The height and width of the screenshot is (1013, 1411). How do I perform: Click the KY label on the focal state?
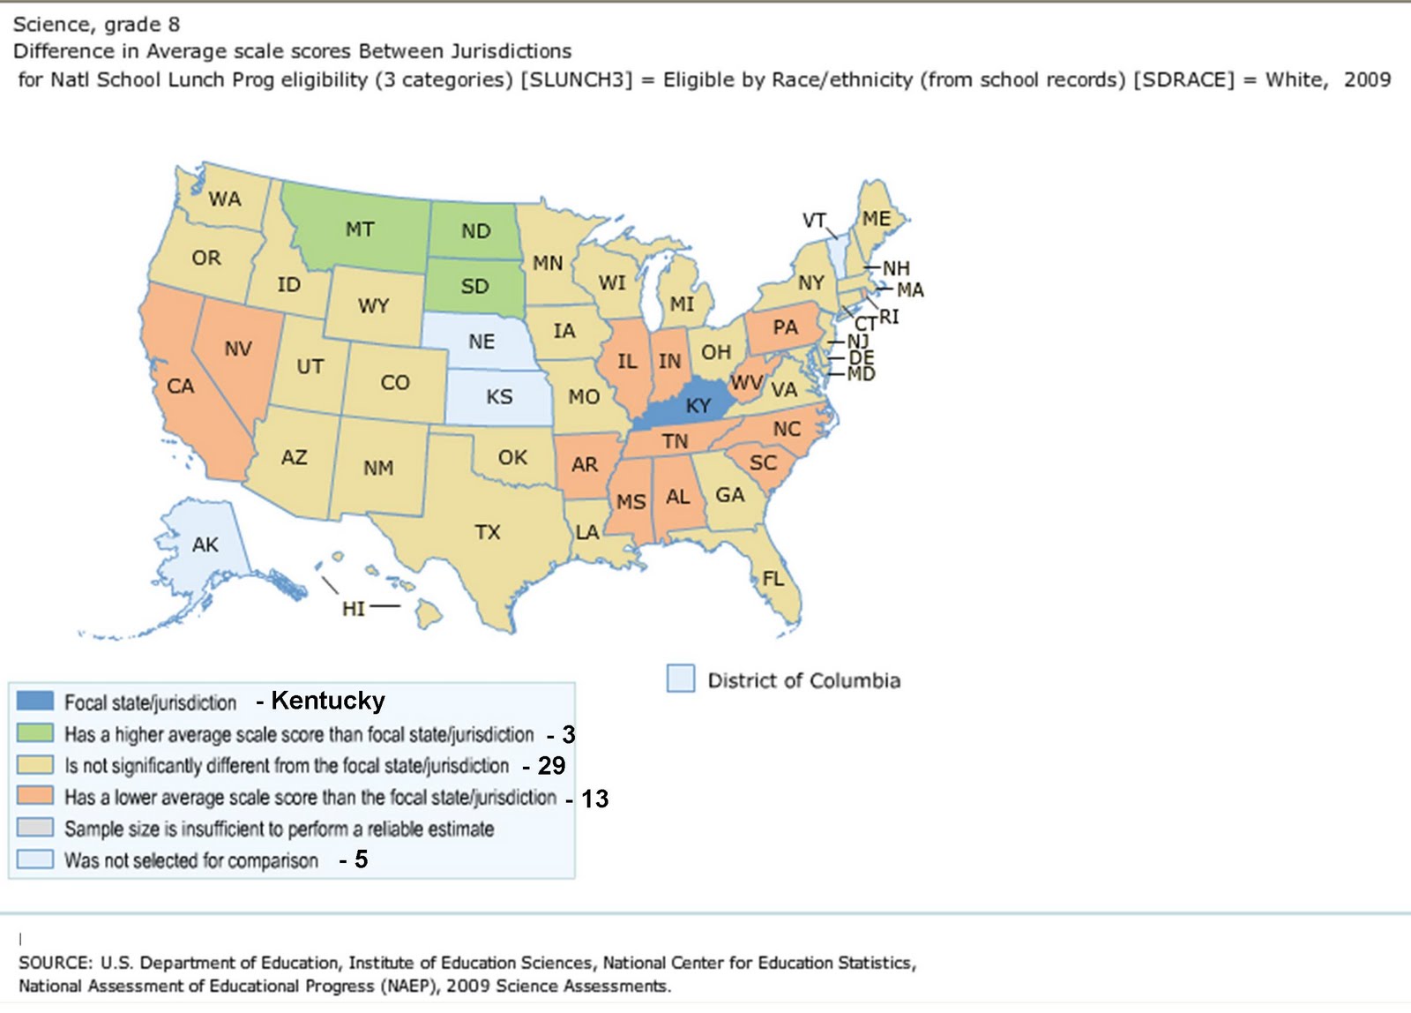[698, 406]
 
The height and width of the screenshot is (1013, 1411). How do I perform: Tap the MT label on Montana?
[360, 229]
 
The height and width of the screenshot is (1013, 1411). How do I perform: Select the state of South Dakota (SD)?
[474, 286]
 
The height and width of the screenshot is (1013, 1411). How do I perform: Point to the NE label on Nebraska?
[482, 341]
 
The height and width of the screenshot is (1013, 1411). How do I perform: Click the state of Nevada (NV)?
[238, 349]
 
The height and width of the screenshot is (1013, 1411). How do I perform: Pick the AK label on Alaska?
[205, 544]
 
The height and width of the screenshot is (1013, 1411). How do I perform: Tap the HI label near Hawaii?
[353, 609]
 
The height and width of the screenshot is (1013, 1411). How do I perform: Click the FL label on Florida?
[773, 579]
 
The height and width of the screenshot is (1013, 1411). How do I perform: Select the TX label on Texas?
[487, 532]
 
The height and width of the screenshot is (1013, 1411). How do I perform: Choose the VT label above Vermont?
[814, 221]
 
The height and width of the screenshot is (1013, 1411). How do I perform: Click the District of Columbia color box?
[680, 679]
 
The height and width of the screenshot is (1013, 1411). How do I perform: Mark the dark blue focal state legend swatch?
[35, 702]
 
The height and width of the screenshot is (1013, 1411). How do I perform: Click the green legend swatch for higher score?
[35, 733]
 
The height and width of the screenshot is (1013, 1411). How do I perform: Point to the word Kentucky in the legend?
[328, 701]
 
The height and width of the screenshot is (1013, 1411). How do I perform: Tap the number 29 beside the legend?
[551, 766]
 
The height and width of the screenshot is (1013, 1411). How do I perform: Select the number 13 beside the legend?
[594, 799]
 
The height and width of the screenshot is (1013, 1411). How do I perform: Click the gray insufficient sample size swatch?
[35, 829]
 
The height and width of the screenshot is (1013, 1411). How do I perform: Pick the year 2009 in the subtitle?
[1367, 79]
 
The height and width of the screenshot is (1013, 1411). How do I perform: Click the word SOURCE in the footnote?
[55, 963]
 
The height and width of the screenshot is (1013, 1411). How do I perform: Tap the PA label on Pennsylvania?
[785, 327]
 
